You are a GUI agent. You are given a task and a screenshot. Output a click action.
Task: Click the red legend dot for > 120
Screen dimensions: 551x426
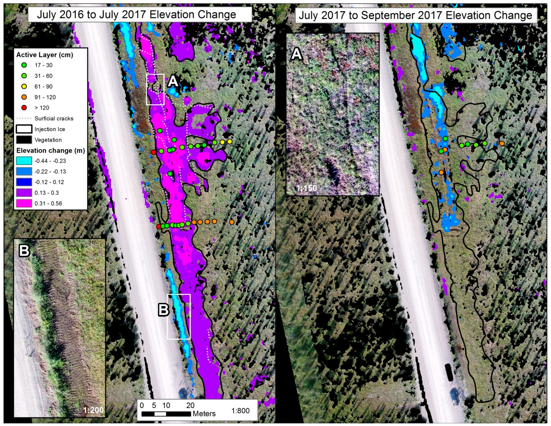[24, 108]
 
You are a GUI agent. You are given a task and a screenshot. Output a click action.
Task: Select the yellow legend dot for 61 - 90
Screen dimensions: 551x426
[24, 86]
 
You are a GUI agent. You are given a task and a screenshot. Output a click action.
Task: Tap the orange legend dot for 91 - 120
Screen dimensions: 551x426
[24, 97]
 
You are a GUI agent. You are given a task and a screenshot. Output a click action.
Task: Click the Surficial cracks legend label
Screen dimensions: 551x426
[54, 118]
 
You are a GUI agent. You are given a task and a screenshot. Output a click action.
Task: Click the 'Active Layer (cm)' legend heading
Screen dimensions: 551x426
[45, 55]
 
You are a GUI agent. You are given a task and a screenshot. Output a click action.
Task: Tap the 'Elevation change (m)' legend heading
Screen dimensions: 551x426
[50, 150]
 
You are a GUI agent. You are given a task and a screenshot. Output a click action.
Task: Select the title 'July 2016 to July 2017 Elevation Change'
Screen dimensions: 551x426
[136, 15]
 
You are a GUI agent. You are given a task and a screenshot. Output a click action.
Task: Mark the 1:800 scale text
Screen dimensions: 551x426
[240, 411]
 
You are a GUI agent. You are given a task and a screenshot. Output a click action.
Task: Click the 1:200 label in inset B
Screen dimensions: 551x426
[93, 410]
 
